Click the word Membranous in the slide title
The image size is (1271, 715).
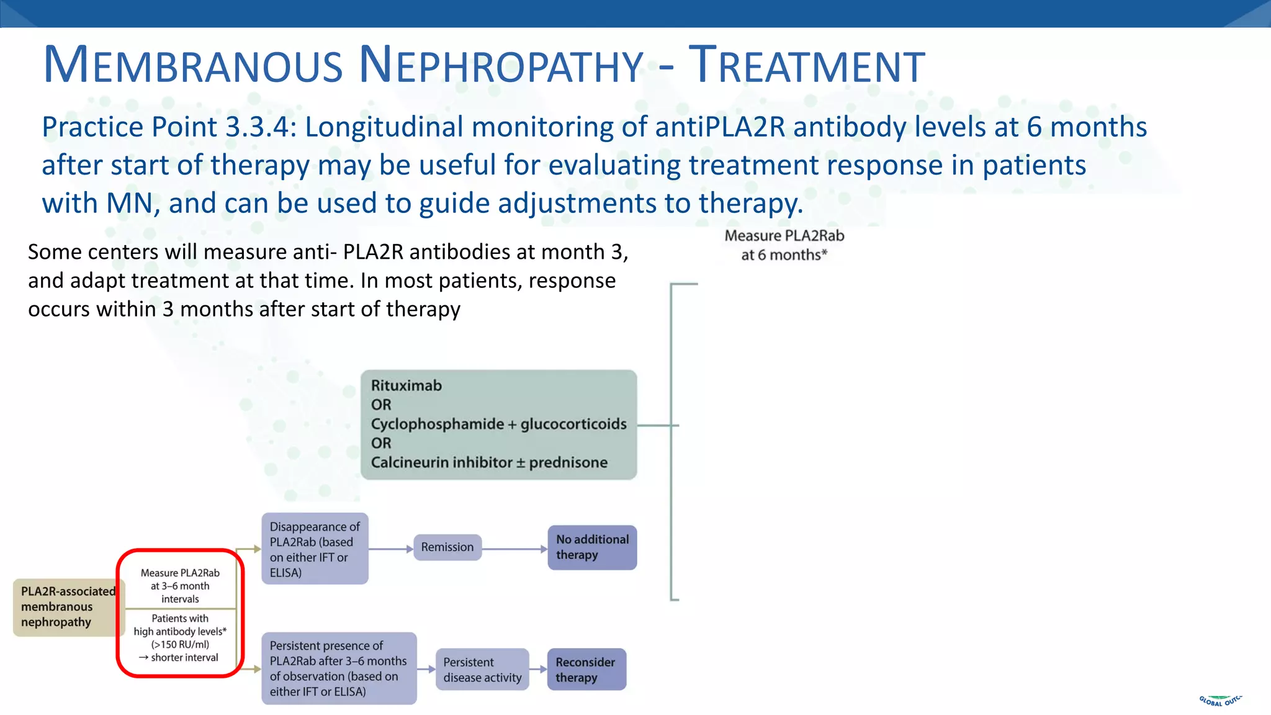click(192, 65)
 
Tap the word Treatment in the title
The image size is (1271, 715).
click(807, 65)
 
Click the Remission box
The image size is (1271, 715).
click(447, 547)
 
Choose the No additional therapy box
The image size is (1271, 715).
click(592, 547)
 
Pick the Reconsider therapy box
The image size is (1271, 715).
click(586, 670)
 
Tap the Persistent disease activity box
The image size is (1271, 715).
click(482, 670)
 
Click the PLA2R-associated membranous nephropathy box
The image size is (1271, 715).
click(68, 607)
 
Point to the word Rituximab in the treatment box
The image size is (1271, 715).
click(406, 385)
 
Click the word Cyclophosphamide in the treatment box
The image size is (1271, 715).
click(438, 424)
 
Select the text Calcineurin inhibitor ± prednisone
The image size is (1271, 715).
click(489, 462)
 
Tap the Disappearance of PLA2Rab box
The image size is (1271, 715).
click(315, 549)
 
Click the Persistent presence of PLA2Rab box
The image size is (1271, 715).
click(339, 668)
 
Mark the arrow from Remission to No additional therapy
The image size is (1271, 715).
click(514, 549)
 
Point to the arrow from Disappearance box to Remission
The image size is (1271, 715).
click(391, 549)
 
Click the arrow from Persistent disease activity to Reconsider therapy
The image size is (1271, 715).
click(538, 669)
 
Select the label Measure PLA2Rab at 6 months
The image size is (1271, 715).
click(784, 245)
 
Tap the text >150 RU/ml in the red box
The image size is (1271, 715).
click(180, 644)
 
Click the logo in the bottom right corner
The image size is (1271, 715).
click(1220, 700)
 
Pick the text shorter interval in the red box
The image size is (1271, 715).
click(184, 657)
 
